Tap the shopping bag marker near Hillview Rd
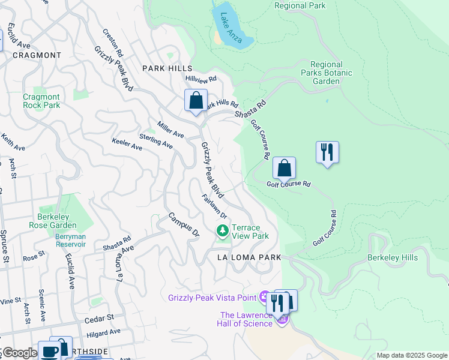[x=196, y=101]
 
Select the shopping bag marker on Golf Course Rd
[x=284, y=169]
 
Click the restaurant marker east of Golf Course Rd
[x=327, y=152]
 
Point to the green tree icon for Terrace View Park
[x=223, y=231]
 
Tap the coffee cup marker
[x=49, y=351]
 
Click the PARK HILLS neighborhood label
[x=166, y=68]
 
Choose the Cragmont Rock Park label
[x=41, y=101]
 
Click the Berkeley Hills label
[x=392, y=257]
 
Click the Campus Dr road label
[x=183, y=224]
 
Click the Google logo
[x=19, y=353]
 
